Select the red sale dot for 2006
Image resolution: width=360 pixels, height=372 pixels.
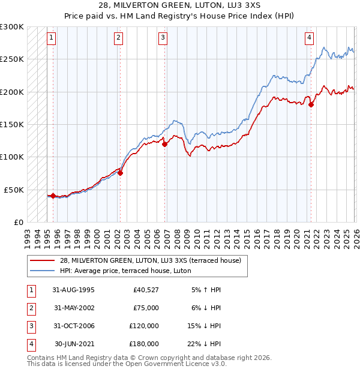tap(164, 144)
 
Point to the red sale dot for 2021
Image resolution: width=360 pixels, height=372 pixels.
tap(311, 105)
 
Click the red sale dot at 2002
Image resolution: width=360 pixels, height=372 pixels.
tap(120, 173)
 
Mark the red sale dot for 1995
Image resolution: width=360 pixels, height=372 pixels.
tap(53, 196)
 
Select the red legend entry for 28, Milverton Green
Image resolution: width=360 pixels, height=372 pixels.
tap(151, 260)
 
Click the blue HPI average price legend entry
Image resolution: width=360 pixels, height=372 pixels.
tap(125, 271)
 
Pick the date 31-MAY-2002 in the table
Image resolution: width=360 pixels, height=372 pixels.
tap(74, 308)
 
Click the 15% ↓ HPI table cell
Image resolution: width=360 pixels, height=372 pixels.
tap(205, 326)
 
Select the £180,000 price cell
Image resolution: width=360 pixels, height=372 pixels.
tap(144, 344)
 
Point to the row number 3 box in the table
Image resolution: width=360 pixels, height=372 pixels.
tap(30, 326)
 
